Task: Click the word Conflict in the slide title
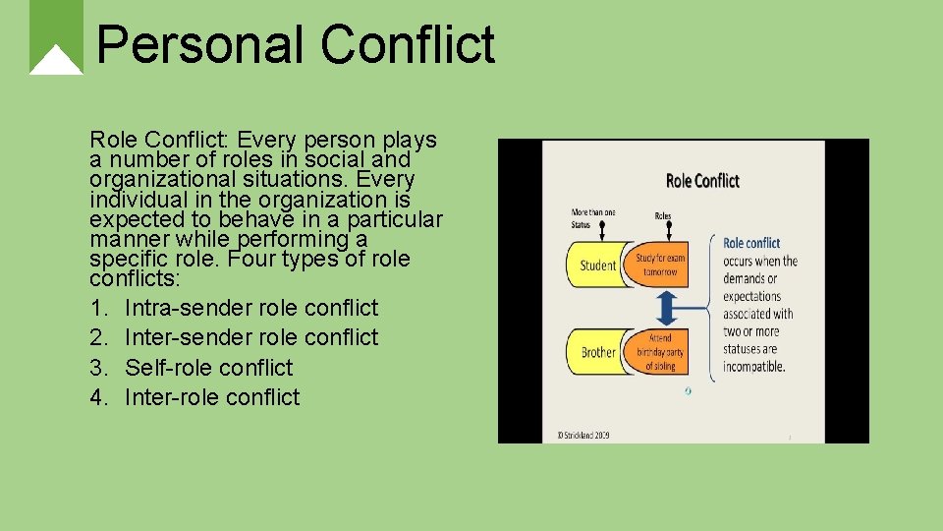pos(407,45)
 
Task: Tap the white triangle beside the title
pos(56,61)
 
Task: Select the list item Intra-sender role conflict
pos(250,308)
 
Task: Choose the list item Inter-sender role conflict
pos(250,337)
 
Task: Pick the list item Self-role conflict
pos(208,368)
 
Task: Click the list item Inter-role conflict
pos(212,397)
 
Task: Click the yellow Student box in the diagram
pos(594,265)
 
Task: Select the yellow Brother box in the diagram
pos(594,352)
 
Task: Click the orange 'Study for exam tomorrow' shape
pos(661,265)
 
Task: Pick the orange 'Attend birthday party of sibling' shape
pos(661,352)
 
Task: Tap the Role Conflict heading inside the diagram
pos(702,180)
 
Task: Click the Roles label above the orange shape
pos(663,215)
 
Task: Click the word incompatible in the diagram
pos(753,367)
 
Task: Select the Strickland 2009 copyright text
pos(582,435)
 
